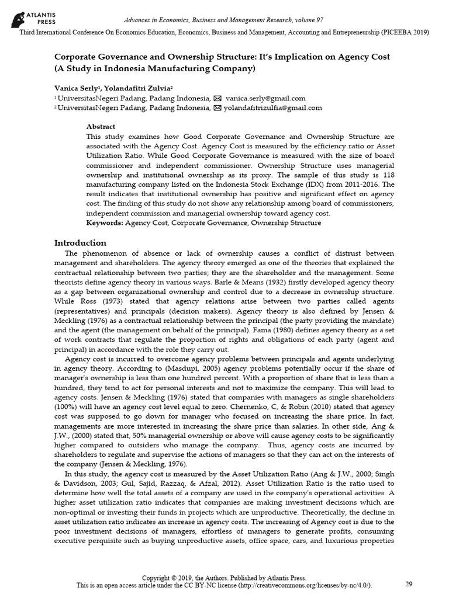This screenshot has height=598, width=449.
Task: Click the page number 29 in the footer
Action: click(x=409, y=584)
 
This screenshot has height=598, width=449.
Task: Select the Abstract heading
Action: click(x=101, y=126)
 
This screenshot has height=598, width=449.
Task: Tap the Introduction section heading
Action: click(x=80, y=242)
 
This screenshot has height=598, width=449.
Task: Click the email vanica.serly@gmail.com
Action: click(x=257, y=99)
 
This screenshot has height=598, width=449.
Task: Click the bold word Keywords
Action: click(x=103, y=222)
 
